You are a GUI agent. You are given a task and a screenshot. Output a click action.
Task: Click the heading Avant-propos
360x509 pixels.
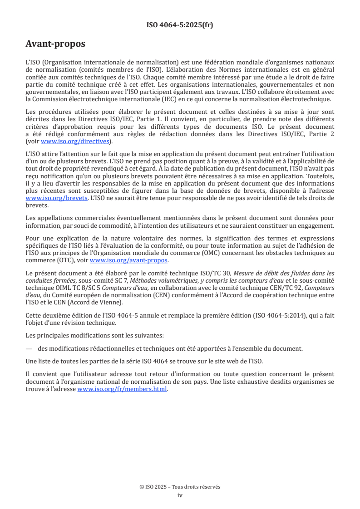tap(55, 44)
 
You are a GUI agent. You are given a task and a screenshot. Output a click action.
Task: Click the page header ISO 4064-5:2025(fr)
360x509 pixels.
tap(179, 25)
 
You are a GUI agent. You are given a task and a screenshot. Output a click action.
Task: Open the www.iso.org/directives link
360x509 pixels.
tap(75, 141)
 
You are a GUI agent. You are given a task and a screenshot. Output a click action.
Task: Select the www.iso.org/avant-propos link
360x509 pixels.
tap(129, 260)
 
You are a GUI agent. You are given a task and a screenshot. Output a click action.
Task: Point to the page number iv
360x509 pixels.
tap(180, 495)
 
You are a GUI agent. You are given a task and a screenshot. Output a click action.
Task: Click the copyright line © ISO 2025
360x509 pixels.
tap(180, 487)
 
